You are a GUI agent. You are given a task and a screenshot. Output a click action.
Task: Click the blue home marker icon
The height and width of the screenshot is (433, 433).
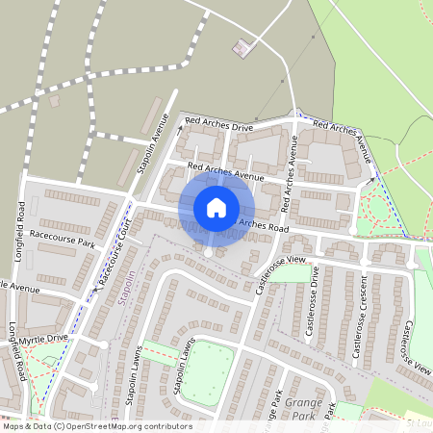pos(216,208)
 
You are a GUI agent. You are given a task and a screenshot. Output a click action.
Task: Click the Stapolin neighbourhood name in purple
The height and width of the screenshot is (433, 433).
pos(124,289)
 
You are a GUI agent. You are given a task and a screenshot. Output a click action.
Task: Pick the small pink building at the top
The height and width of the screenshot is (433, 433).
pos(241,46)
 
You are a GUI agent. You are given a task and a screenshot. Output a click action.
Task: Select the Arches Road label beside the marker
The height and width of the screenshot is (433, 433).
pos(261,227)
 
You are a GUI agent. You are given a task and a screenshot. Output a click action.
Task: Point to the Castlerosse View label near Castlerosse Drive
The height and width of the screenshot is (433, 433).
pos(281,262)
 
